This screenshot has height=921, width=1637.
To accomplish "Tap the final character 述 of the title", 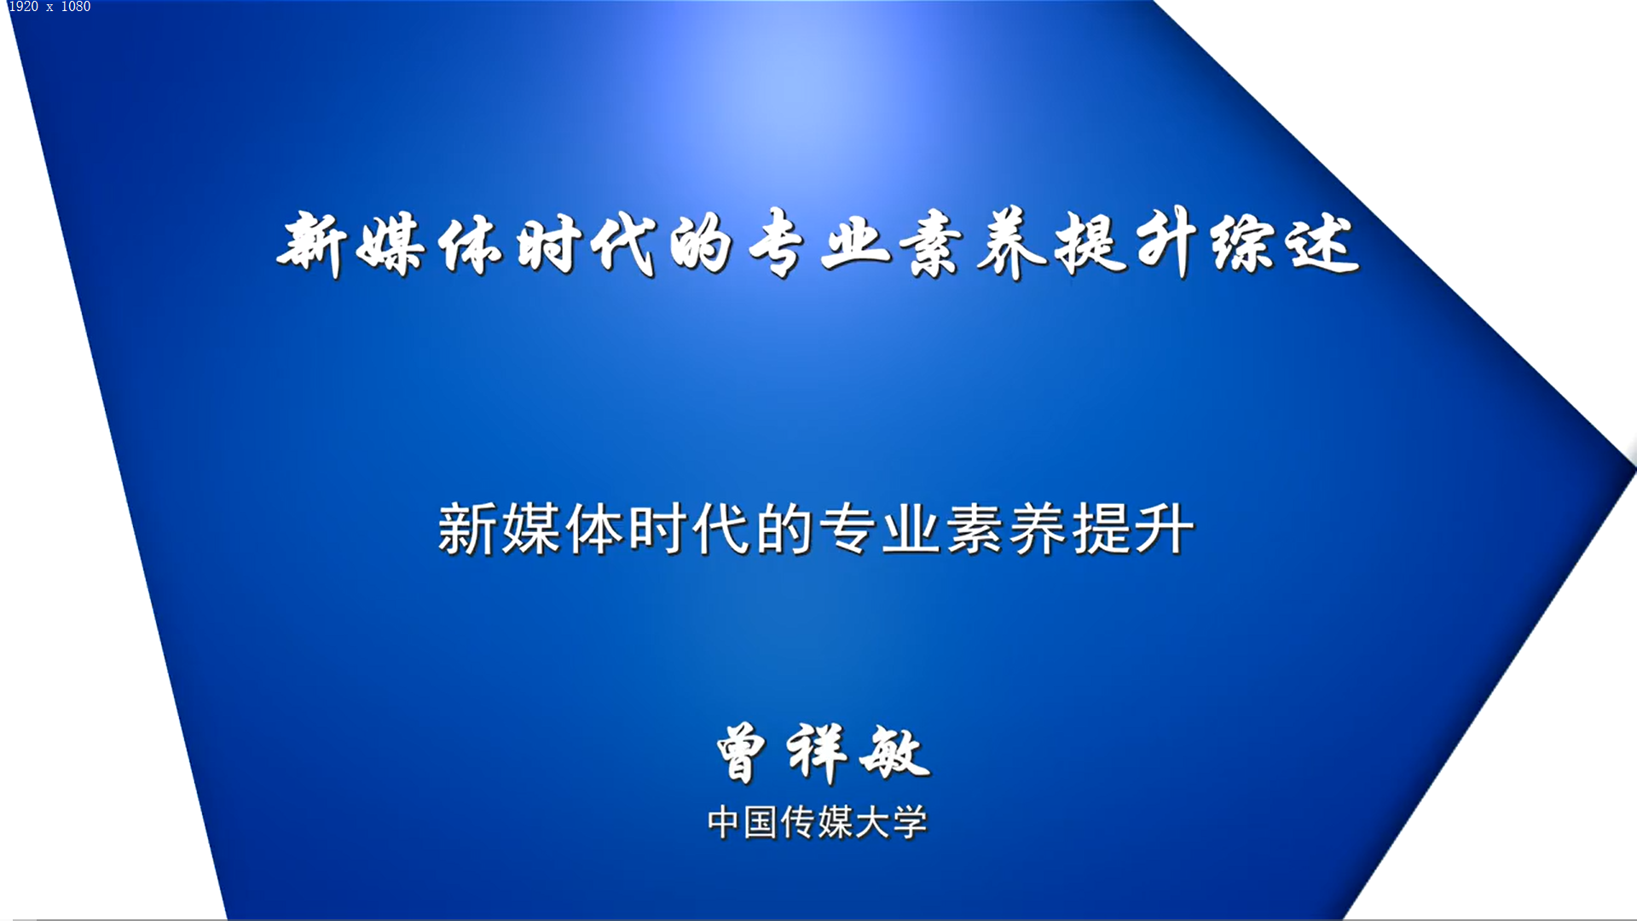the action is pos(1322,245).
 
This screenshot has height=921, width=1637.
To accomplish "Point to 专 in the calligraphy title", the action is pos(776,245).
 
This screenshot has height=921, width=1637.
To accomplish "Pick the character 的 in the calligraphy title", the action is pos(700,245).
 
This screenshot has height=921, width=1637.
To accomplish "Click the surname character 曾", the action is pos(741,753).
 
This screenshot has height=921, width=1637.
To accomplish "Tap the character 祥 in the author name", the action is pos(817,753).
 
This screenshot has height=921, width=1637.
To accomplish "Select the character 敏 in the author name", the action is pos(894,753).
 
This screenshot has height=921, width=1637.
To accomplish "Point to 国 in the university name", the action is pos(760,823).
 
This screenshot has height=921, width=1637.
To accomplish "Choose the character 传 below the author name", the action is pos(797,823).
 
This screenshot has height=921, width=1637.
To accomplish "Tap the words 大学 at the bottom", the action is pos(891,823).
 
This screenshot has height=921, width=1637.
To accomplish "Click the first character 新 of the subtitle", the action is pos(467,530).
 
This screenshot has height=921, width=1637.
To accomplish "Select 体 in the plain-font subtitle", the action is pos(594,530).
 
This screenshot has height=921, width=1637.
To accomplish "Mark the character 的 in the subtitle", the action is pos(784,530).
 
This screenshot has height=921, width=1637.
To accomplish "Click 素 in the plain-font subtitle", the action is pos(974,530).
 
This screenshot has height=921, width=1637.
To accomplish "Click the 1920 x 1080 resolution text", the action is pos(49,7).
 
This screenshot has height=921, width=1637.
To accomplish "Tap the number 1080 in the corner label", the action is pos(76,7).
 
